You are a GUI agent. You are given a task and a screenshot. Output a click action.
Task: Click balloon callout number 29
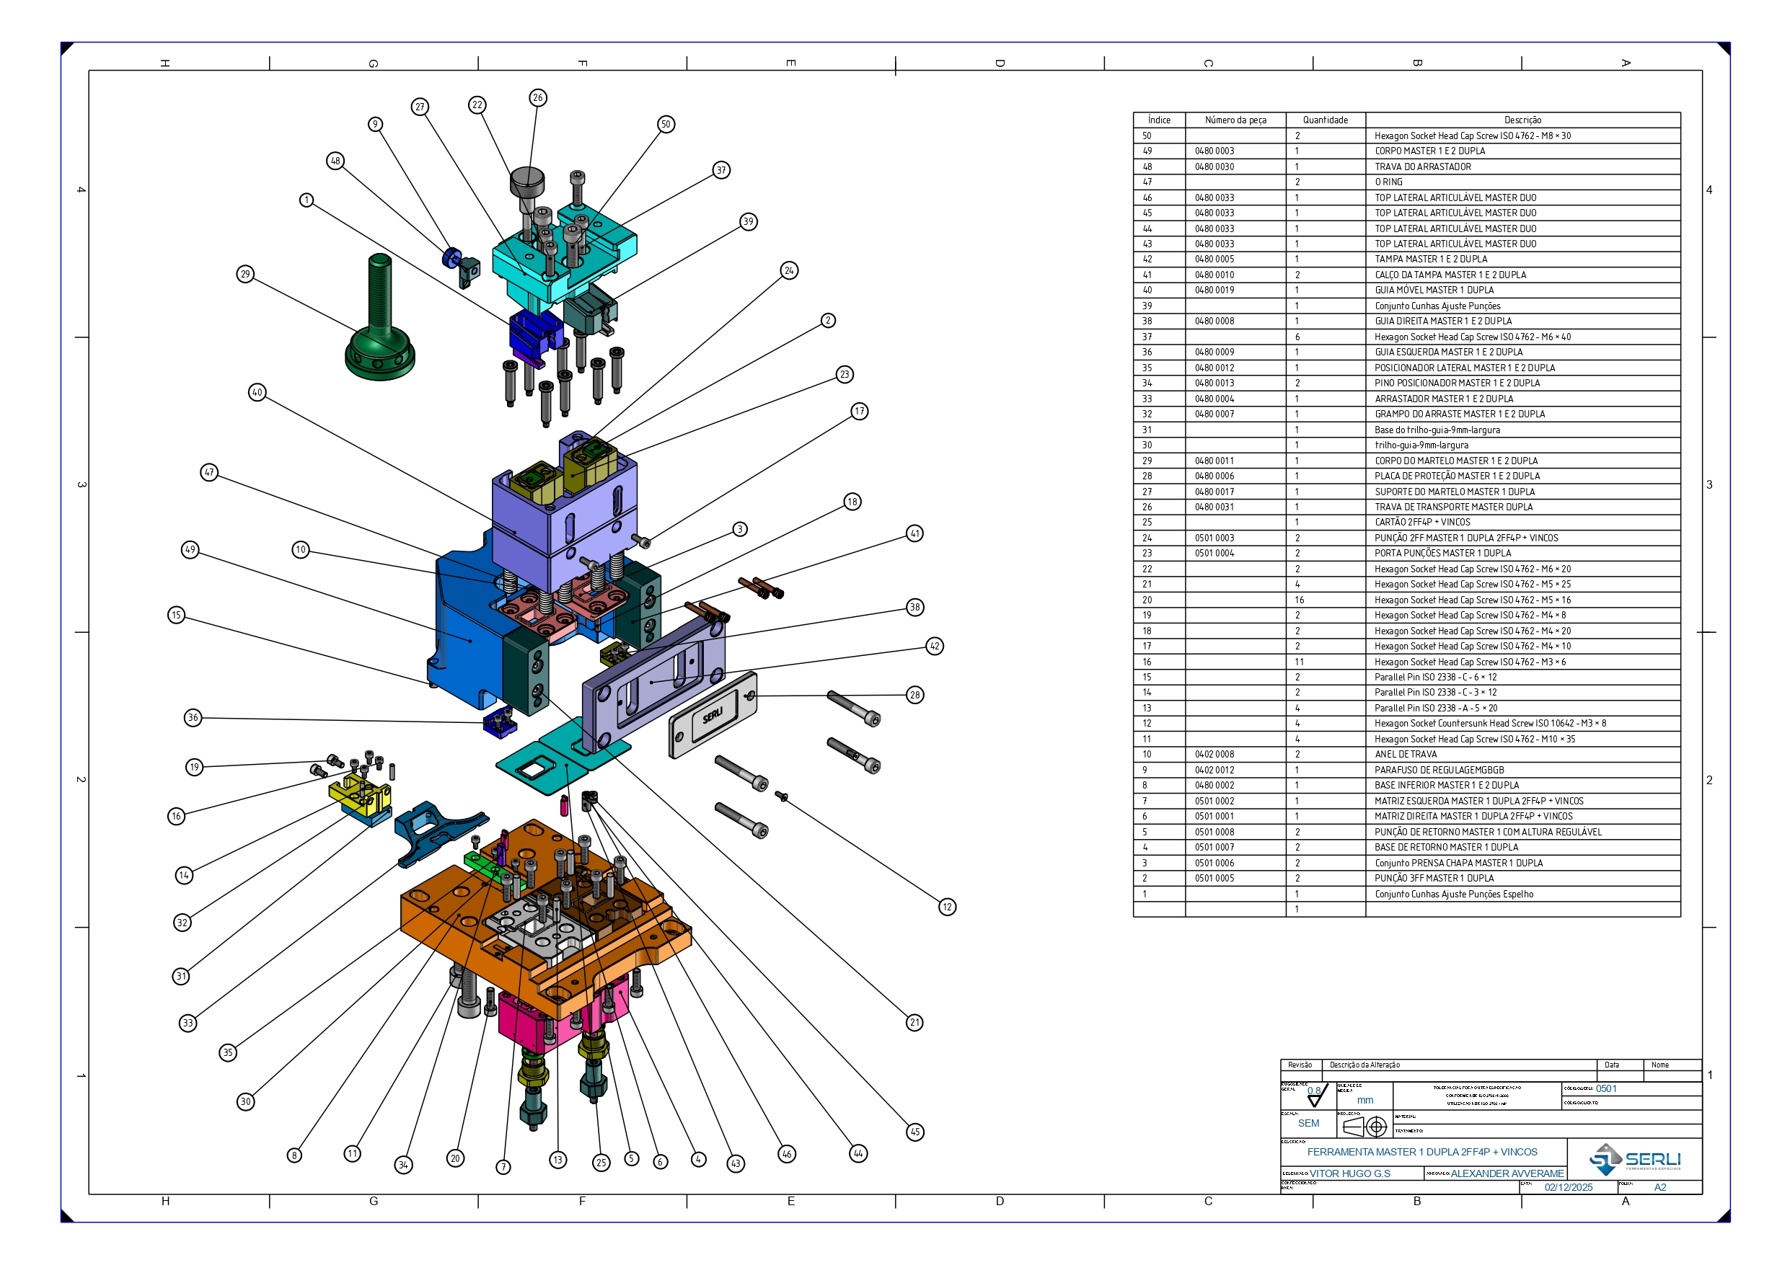(246, 274)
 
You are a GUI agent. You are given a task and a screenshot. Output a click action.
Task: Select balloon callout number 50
(665, 124)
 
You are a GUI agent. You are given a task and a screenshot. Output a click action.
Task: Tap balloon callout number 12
(947, 907)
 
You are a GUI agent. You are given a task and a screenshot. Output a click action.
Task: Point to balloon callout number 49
(190, 549)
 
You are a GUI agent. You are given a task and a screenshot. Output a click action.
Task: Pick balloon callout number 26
(538, 97)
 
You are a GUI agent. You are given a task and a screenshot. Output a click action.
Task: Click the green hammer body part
(379, 327)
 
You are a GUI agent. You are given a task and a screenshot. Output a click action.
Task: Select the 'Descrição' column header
(1522, 120)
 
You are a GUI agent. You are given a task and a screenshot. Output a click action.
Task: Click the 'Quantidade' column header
(1325, 120)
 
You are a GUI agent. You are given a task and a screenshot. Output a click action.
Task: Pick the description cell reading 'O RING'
(1388, 182)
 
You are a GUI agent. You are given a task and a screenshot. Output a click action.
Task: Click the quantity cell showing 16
(1300, 600)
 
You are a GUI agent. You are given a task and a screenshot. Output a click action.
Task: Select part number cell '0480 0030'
(1214, 167)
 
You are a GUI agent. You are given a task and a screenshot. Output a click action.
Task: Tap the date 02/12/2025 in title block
(1568, 1187)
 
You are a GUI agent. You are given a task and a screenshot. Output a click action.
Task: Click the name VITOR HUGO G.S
(1349, 1173)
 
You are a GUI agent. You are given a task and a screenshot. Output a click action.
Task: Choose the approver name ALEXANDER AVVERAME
(1507, 1173)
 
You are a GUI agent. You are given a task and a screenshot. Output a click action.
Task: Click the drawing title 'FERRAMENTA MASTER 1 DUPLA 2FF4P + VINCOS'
(1422, 1152)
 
